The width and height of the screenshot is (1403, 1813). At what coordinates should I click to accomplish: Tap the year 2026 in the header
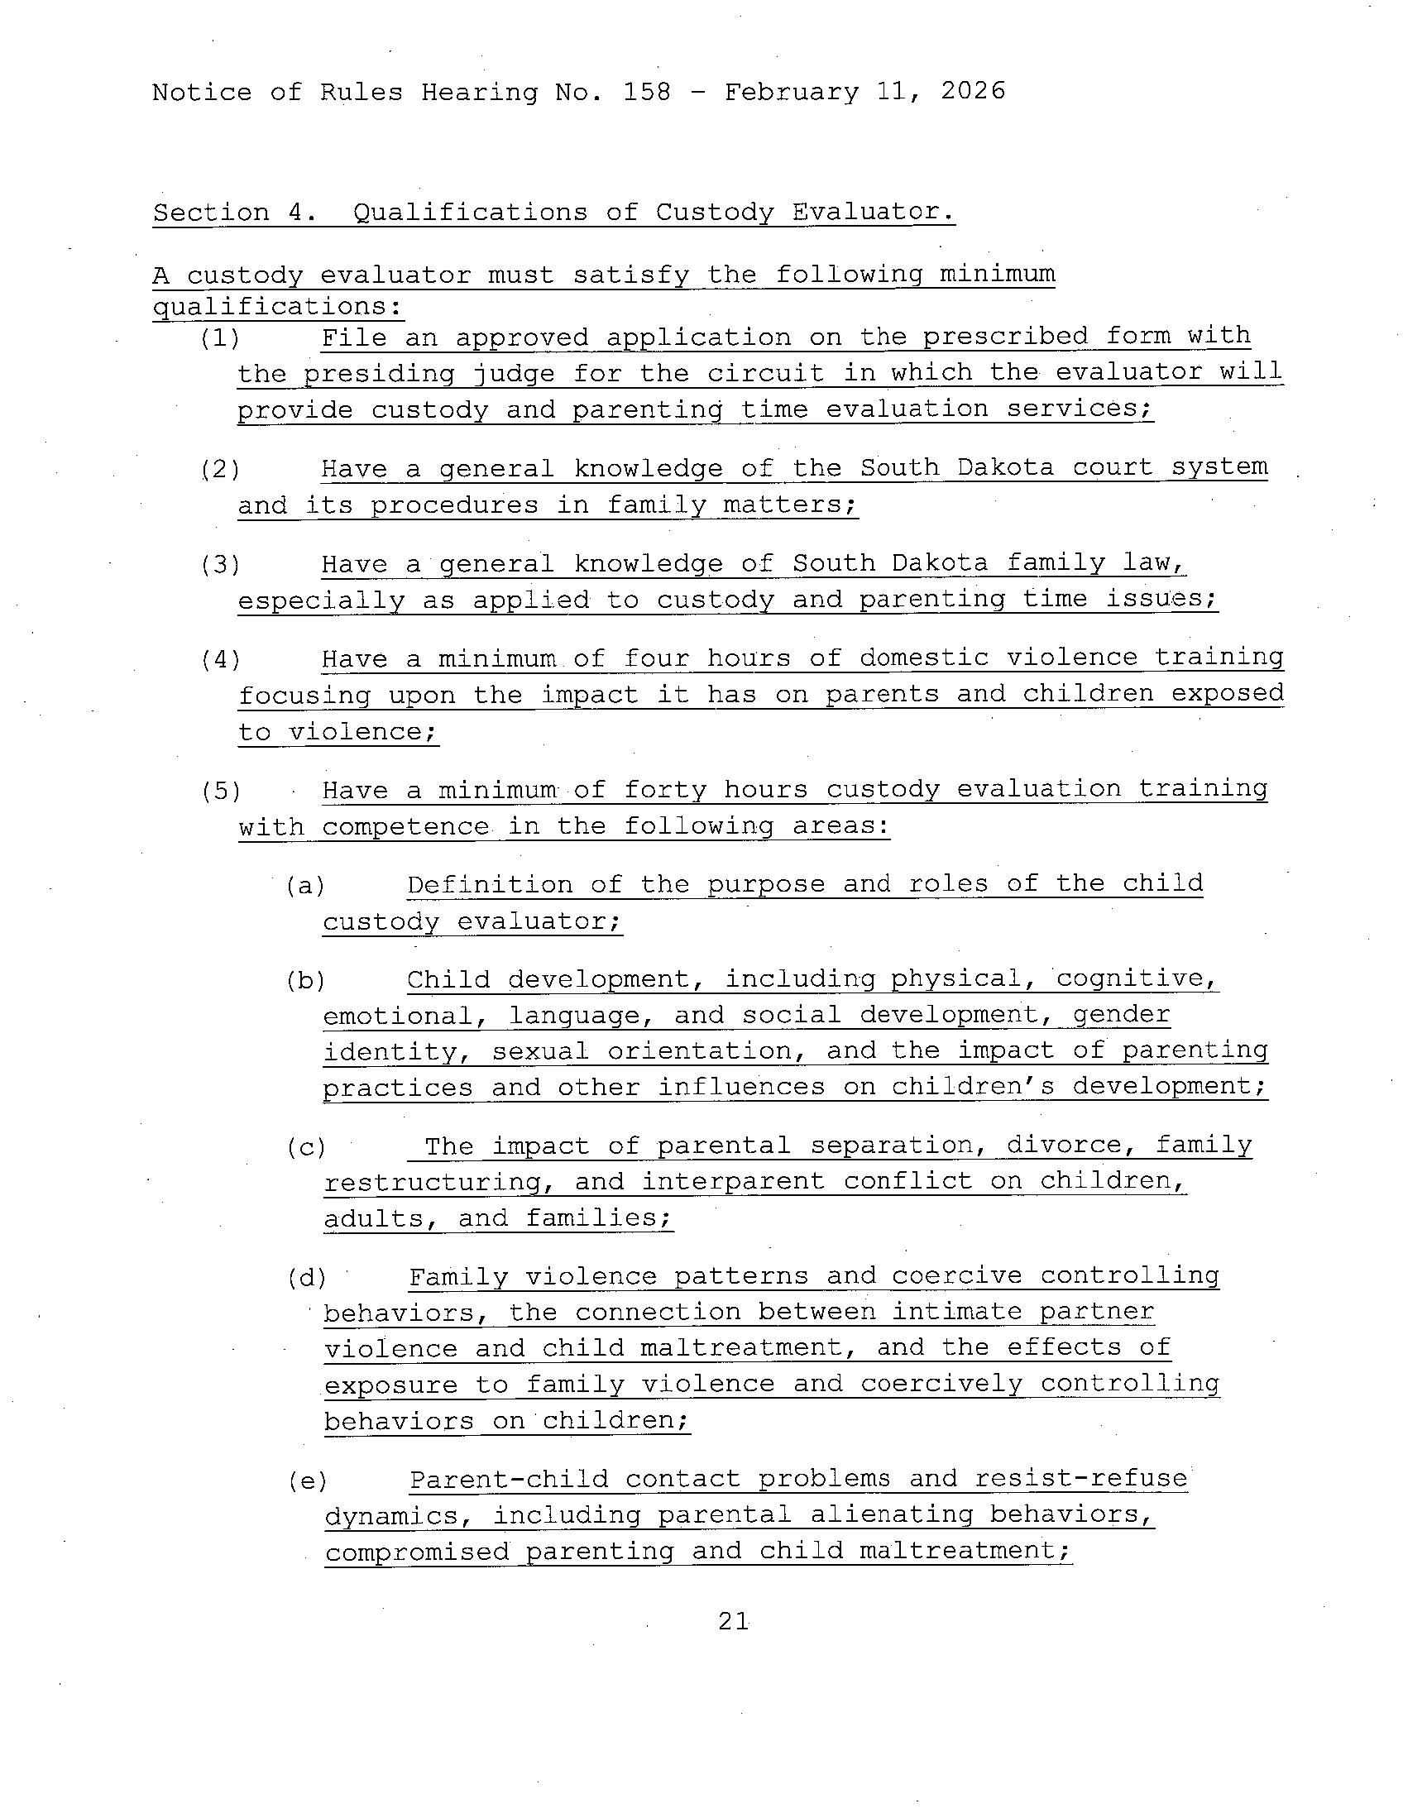(973, 90)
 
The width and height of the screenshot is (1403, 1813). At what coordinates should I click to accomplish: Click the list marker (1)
(220, 337)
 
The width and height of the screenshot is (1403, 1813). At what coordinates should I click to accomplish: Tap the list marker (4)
(221, 659)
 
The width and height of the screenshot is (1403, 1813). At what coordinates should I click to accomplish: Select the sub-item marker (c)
(306, 1147)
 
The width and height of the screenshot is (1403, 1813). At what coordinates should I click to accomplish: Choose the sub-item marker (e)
(307, 1481)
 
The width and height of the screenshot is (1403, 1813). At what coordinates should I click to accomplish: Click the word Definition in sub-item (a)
(490, 884)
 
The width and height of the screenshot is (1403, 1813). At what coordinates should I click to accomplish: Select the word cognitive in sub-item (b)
(1137, 978)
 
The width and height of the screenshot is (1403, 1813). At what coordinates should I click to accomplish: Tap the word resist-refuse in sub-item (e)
(1081, 1479)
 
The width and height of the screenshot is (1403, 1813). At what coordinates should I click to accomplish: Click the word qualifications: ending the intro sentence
(278, 307)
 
